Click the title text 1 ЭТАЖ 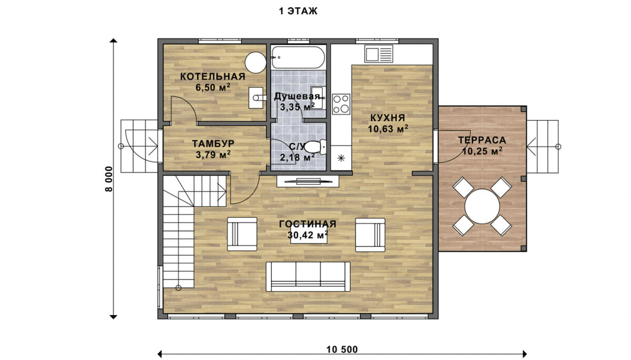tap(298, 11)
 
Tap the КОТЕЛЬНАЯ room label tap(212, 77)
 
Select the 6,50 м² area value tap(212, 87)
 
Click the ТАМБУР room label tap(213, 143)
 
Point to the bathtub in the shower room tap(298, 58)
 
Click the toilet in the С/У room tap(315, 147)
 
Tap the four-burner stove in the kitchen tap(341, 104)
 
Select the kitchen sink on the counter tap(379, 54)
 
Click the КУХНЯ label tap(388, 118)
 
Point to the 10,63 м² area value tap(388, 129)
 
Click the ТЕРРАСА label tap(482, 140)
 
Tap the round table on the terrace tap(482, 207)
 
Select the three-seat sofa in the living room tap(308, 276)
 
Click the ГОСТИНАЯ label tap(308, 224)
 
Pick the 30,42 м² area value tap(308, 235)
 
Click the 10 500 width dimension tap(342, 349)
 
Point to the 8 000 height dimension tap(109, 179)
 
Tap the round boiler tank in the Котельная tap(256, 63)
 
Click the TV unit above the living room tap(308, 181)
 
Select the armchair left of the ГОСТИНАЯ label tap(242, 234)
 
